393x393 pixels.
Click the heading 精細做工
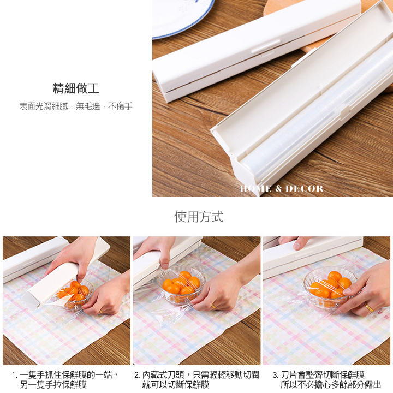[x=76, y=88]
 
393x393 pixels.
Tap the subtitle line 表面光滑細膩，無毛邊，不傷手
[x=76, y=106]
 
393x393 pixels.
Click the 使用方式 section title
[x=199, y=217]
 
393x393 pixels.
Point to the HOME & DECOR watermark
[x=282, y=189]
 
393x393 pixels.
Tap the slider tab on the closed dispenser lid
[x=266, y=47]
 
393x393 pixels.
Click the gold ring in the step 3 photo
[x=369, y=307]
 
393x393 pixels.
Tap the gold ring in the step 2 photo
[x=214, y=306]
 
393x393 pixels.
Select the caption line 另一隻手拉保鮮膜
[x=53, y=384]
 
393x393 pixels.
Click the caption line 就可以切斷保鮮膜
[x=175, y=384]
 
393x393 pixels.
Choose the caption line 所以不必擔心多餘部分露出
[x=331, y=384]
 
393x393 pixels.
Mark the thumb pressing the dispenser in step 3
[x=300, y=243]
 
